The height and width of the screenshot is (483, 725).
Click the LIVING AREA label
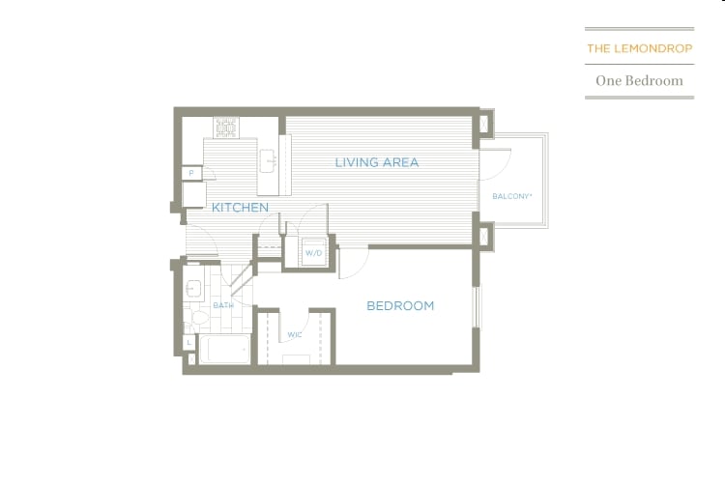tap(377, 162)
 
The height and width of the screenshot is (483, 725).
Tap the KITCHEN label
tap(240, 208)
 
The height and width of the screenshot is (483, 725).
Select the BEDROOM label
tap(400, 306)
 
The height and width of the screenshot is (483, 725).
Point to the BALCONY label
tap(512, 196)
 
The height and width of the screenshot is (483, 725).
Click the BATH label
tap(223, 306)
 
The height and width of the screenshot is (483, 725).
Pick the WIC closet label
tap(294, 335)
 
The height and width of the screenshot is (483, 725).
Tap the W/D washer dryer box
tap(313, 253)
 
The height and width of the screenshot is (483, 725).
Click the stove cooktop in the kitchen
tap(226, 127)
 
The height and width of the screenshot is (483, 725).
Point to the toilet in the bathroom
tap(198, 317)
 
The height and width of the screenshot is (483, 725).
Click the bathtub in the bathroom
tap(225, 349)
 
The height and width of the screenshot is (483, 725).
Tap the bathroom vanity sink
tap(193, 287)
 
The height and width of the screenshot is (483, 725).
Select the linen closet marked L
tap(188, 343)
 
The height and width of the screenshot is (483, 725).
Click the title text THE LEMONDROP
tap(639, 47)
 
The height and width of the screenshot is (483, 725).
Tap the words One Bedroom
tap(639, 81)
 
